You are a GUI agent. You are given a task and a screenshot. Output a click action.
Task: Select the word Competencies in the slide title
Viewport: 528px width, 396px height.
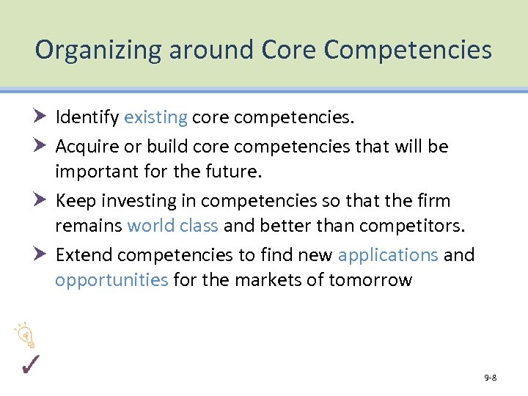pos(408,50)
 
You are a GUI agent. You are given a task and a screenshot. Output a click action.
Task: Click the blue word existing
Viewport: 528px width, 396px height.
pos(155,117)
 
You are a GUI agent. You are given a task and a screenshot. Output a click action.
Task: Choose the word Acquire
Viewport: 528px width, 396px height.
pos(86,146)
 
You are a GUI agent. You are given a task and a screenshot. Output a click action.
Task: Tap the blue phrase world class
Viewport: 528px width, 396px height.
pos(172,226)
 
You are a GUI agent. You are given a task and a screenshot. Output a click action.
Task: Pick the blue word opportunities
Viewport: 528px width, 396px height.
pos(111,281)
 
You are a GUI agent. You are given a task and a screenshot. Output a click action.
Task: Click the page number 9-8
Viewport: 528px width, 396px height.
pos(490,378)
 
